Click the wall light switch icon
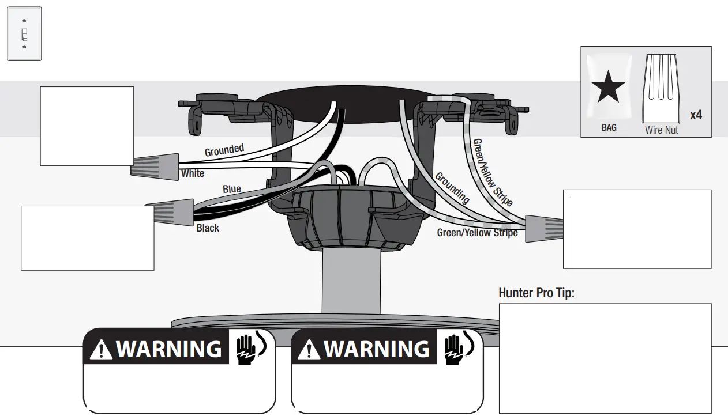(x=24, y=33)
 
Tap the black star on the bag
(x=608, y=89)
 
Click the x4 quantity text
(x=696, y=115)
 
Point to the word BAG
(x=609, y=128)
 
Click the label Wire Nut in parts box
(x=661, y=130)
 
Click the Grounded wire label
(x=224, y=150)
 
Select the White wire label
(x=193, y=173)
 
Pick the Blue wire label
(x=232, y=189)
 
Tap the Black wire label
(x=208, y=228)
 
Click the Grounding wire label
(x=452, y=187)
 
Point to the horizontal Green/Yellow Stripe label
(x=477, y=233)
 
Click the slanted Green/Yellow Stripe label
(x=493, y=172)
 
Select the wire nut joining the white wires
(x=155, y=164)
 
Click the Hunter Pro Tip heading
(x=536, y=293)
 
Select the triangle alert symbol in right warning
(x=309, y=350)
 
